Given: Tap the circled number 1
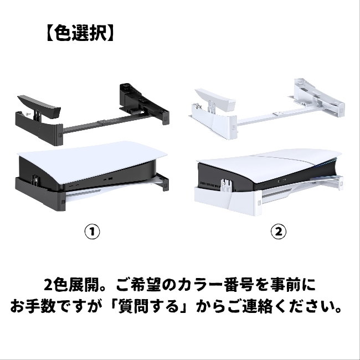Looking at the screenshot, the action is click(91, 231).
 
